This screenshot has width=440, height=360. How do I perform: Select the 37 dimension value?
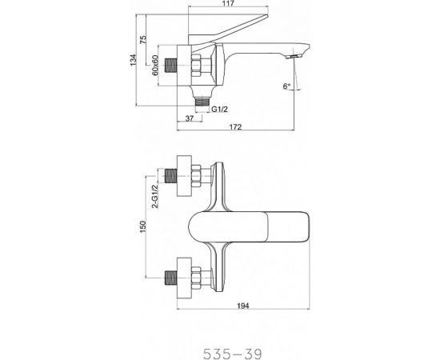tap(188, 118)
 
